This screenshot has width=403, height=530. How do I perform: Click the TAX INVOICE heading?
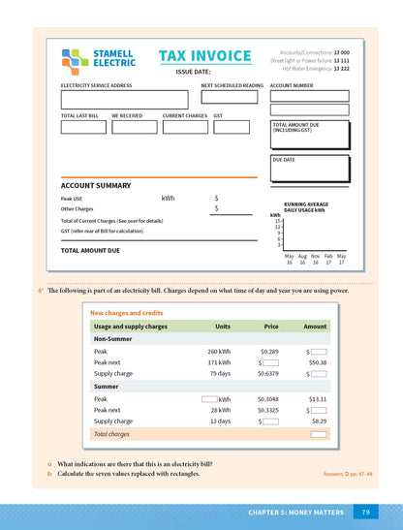[204, 56]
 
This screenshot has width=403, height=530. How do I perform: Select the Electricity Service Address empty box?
[124, 100]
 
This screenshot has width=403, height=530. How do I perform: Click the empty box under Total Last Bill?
[81, 127]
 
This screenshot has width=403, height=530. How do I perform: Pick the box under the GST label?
[232, 127]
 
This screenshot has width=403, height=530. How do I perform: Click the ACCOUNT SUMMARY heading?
[96, 185]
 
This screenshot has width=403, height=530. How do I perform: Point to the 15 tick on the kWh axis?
[278, 221]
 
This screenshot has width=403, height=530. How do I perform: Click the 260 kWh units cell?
[219, 351]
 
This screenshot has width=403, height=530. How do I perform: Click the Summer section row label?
[107, 386]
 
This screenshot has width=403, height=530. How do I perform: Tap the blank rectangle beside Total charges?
[317, 435]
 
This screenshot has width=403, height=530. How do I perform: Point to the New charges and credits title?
[126, 313]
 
